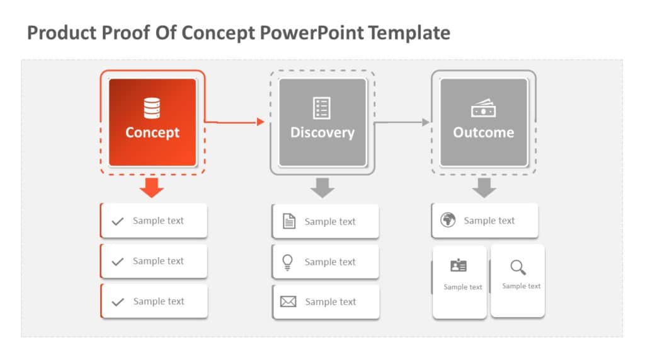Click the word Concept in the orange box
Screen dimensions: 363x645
tap(152, 132)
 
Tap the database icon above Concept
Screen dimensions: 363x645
tap(152, 108)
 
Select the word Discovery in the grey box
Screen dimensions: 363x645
tap(322, 132)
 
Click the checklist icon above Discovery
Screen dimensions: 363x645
tap(322, 108)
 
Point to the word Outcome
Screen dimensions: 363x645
tap(483, 132)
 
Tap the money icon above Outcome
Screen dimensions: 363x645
tap(483, 109)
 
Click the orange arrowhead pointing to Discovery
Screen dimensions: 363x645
tap(261, 122)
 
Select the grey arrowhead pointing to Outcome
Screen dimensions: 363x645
tap(426, 122)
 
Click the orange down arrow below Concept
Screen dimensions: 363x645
tap(152, 187)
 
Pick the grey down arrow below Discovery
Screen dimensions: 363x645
tap(322, 187)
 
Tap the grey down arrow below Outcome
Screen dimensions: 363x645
tap(484, 187)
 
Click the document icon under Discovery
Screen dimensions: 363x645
tap(289, 221)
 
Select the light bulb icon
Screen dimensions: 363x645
tap(288, 262)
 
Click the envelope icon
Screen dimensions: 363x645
tap(288, 302)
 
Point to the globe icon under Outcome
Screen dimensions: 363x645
tap(448, 220)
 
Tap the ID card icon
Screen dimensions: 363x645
tap(459, 266)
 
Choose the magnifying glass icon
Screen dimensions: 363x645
tap(518, 267)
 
